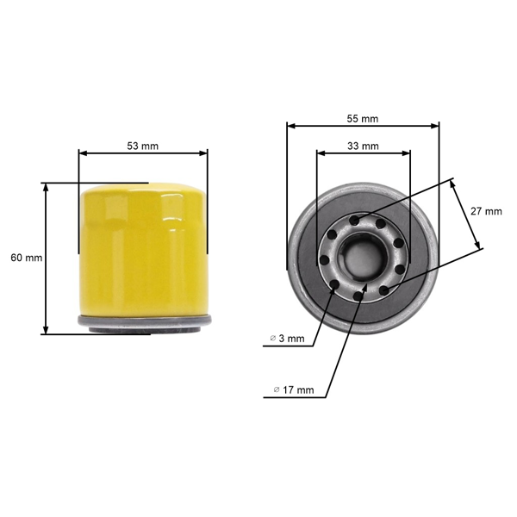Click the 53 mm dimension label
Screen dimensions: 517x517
pos(143,146)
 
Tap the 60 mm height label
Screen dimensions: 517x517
pos(27,258)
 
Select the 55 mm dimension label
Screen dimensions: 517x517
pos(363,118)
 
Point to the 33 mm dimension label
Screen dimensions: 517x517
pos(363,146)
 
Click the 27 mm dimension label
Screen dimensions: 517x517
pos(487,211)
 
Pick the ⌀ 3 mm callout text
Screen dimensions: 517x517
pos(287,339)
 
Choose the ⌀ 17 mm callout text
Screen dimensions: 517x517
pos(294,390)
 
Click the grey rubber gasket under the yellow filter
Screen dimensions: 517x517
pos(143,322)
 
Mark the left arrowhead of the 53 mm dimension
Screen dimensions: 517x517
pos(82,153)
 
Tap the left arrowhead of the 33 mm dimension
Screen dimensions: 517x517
pos(321,154)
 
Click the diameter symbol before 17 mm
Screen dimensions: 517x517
pos(277,390)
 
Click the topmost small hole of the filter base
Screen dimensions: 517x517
pos(358,220)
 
